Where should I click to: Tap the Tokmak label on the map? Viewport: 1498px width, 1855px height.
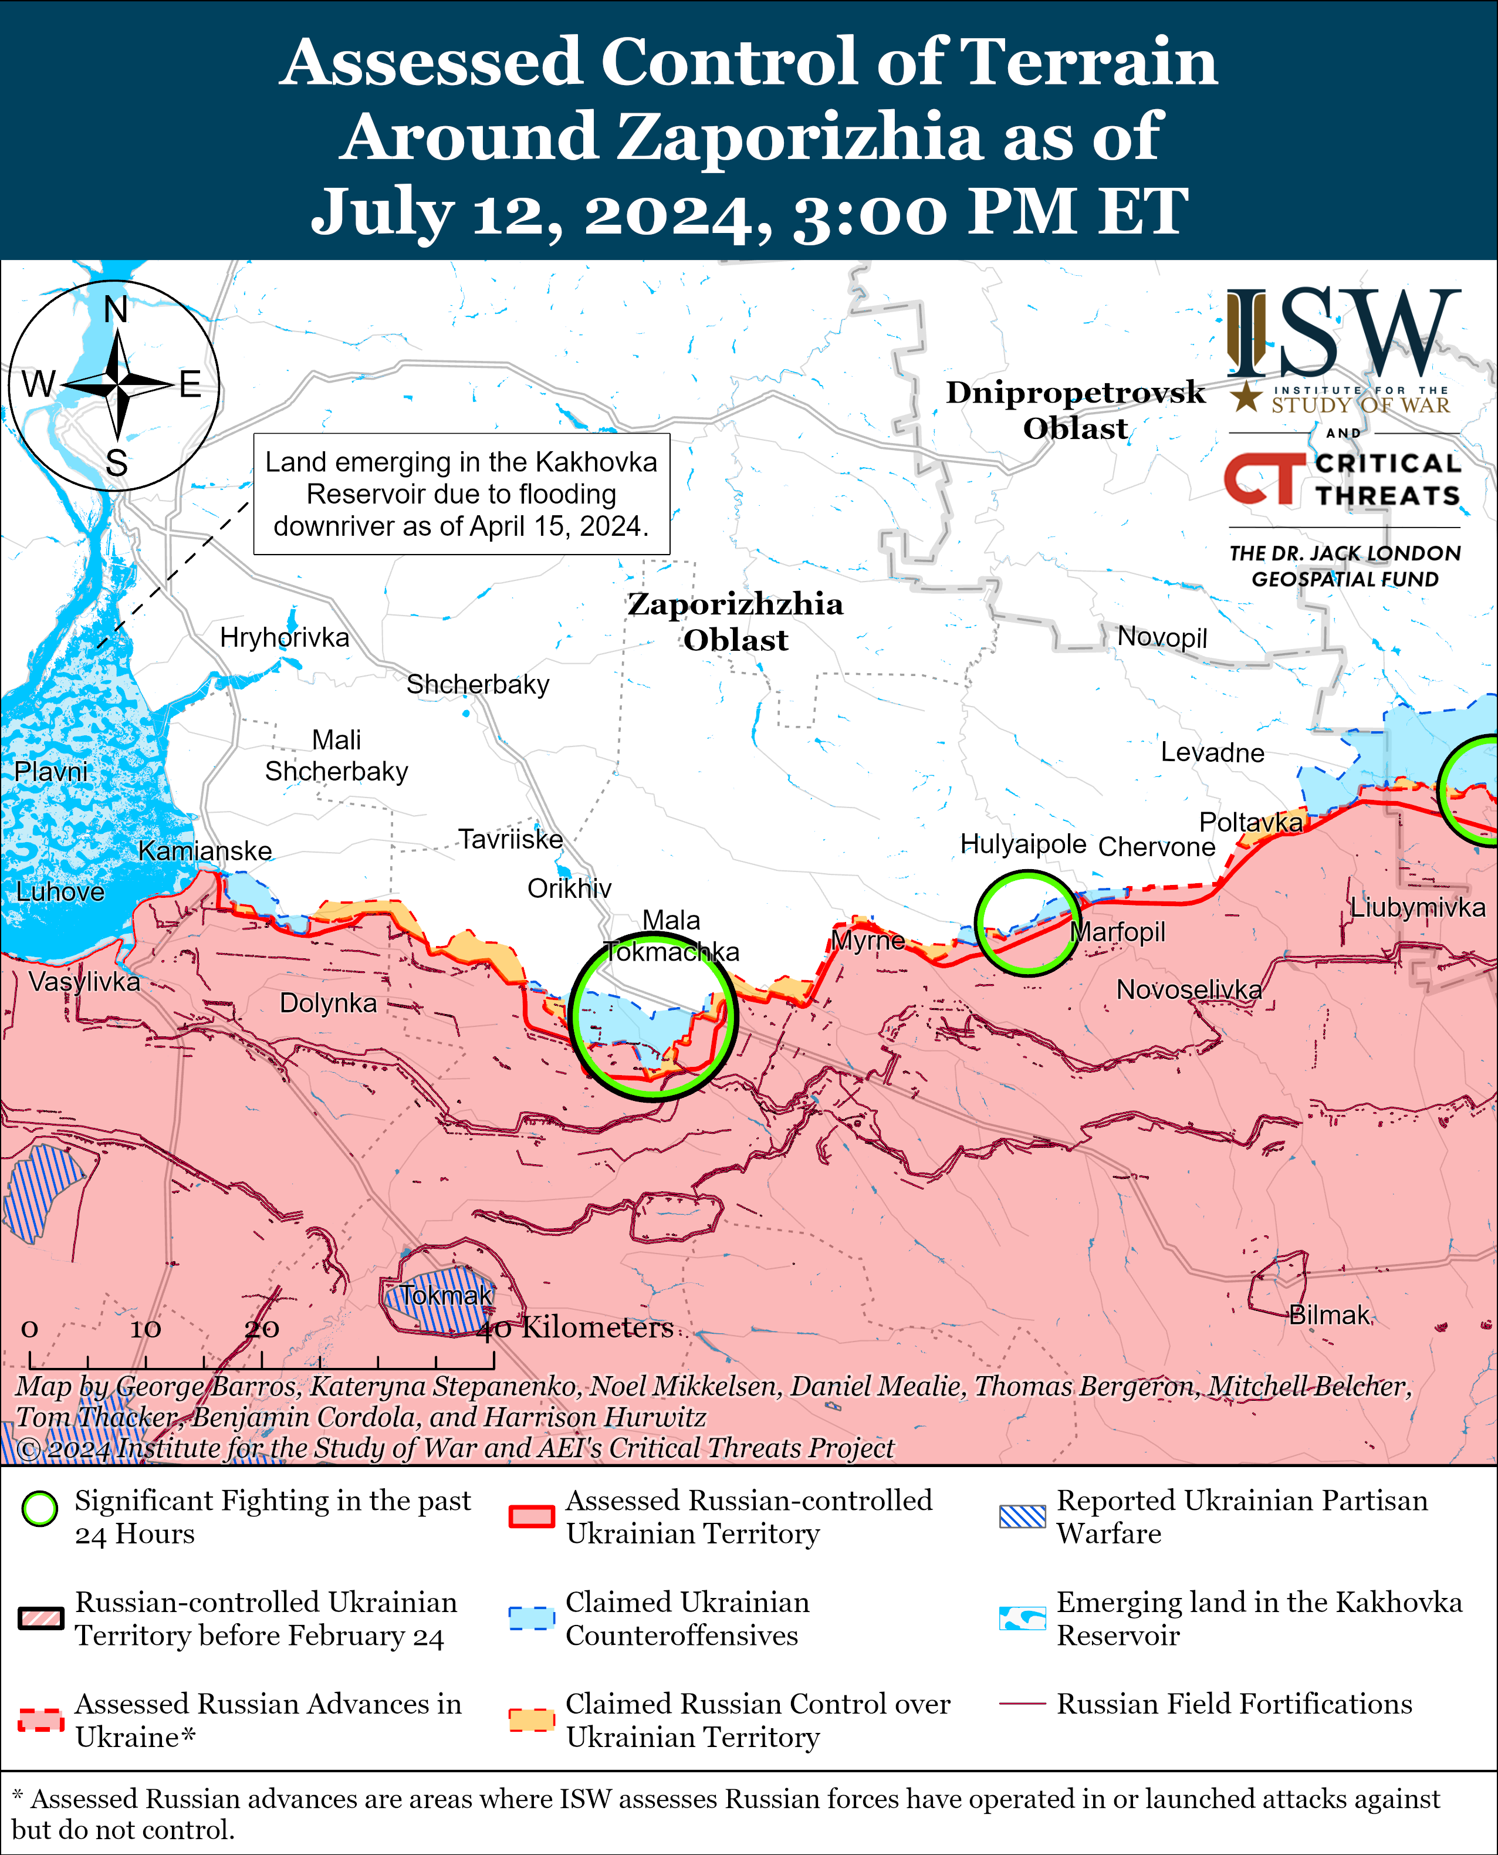(x=445, y=1295)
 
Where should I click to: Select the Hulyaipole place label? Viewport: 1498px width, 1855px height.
(x=1023, y=844)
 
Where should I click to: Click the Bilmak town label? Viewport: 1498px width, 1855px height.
(x=1329, y=1315)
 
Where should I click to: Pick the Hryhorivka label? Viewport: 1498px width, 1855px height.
(x=284, y=638)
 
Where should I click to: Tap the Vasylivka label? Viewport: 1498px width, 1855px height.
(x=84, y=982)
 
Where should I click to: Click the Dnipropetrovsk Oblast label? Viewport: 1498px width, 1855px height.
(x=1075, y=410)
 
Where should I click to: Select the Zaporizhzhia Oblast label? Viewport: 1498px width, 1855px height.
(x=735, y=621)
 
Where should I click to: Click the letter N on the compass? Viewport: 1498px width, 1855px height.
(x=116, y=309)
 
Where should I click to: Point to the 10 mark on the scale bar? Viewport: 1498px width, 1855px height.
(x=145, y=1329)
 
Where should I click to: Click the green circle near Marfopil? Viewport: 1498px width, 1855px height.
(x=1027, y=923)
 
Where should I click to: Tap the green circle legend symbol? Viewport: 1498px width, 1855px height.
(x=40, y=1509)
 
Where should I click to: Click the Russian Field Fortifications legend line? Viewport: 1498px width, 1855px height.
(x=1022, y=1704)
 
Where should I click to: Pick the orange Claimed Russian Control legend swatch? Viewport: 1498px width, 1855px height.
(x=530, y=1719)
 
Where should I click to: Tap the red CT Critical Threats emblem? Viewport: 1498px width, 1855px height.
(x=1264, y=479)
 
